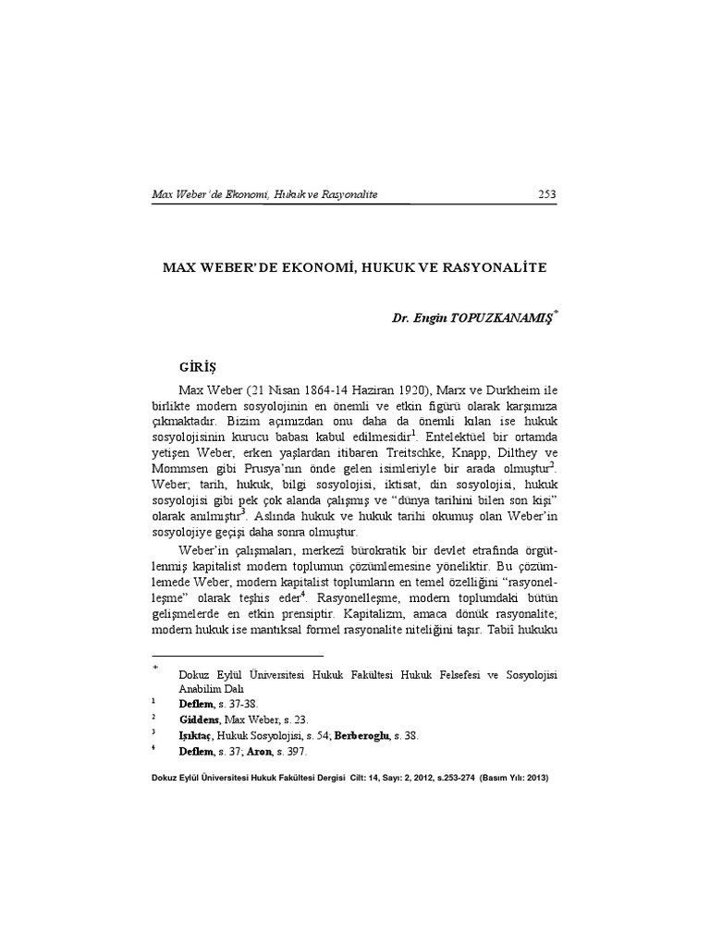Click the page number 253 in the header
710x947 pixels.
coord(545,194)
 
